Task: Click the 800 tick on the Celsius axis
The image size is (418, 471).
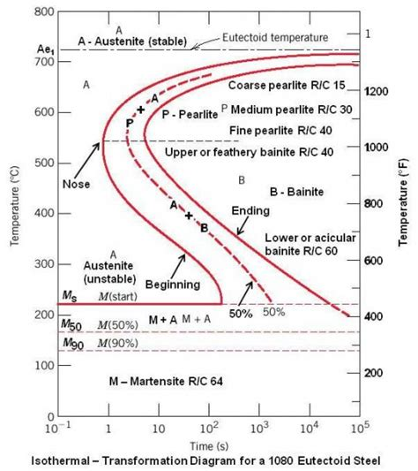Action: (41, 12)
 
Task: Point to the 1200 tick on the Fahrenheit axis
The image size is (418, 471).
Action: (377, 91)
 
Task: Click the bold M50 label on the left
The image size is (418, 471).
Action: (71, 326)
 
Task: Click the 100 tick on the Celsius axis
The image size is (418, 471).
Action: (41, 365)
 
